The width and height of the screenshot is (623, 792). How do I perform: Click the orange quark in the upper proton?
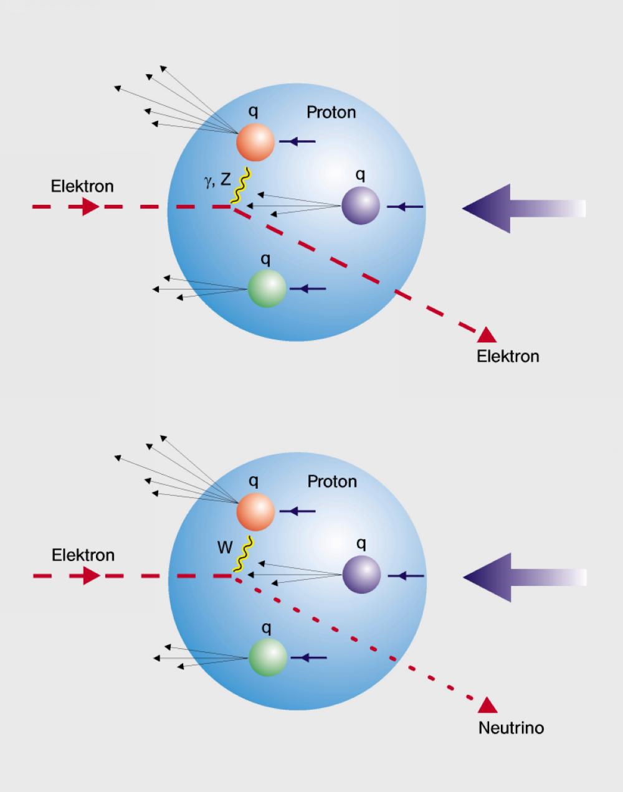[255, 143]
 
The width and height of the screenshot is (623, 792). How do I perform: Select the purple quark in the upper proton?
[361, 206]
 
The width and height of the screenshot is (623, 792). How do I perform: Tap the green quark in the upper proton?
[267, 289]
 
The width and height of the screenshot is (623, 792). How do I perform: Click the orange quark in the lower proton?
[255, 512]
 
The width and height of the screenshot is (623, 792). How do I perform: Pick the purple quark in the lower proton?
[361, 575]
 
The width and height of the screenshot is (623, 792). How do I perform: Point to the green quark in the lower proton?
[268, 658]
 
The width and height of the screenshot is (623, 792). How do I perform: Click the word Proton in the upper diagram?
[331, 112]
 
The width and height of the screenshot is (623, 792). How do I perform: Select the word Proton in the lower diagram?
[332, 481]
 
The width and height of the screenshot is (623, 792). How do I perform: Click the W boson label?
[224, 548]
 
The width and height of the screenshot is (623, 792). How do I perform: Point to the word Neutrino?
[511, 727]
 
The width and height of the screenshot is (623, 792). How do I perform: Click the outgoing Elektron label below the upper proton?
[508, 356]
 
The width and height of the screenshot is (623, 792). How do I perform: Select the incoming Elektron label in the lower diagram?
[83, 555]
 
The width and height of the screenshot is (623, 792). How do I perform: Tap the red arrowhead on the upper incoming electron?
[90, 206]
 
